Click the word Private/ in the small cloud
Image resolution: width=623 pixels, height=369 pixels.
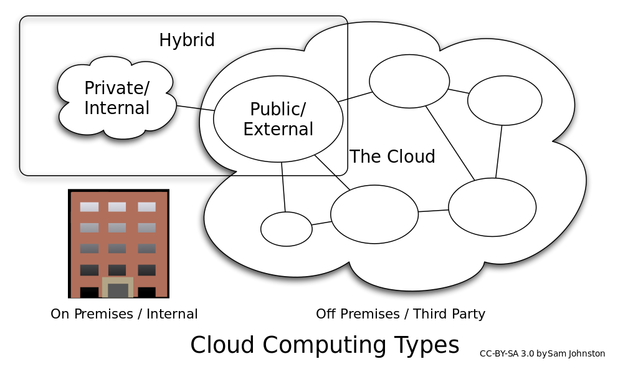click(x=117, y=89)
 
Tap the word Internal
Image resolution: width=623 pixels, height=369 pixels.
click(x=117, y=108)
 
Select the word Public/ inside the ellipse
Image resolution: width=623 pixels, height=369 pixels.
click(x=277, y=110)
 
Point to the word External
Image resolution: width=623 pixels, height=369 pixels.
click(x=278, y=130)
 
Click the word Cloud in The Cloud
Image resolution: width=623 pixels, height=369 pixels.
click(x=410, y=157)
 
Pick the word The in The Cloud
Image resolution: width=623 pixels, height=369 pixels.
click(x=364, y=157)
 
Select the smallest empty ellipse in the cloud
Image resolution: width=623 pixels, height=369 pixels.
click(x=286, y=229)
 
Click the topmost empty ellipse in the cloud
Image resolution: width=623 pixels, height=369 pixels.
click(x=409, y=81)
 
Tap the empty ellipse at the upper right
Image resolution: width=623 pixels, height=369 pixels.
click(x=505, y=100)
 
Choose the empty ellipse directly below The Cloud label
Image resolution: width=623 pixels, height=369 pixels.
click(x=374, y=214)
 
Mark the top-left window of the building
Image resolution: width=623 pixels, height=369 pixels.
click(x=89, y=207)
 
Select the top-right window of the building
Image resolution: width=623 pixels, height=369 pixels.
click(x=146, y=207)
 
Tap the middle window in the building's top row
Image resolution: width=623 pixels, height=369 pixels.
click(x=117, y=207)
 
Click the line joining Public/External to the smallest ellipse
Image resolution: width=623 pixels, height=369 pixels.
click(x=283, y=187)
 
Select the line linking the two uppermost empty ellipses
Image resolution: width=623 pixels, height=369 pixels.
click(x=459, y=91)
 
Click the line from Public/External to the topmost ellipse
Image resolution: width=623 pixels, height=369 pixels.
click(x=355, y=97)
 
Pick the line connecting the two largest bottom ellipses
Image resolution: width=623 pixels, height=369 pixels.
click(x=434, y=211)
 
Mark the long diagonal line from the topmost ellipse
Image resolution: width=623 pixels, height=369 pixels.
click(x=450, y=143)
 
